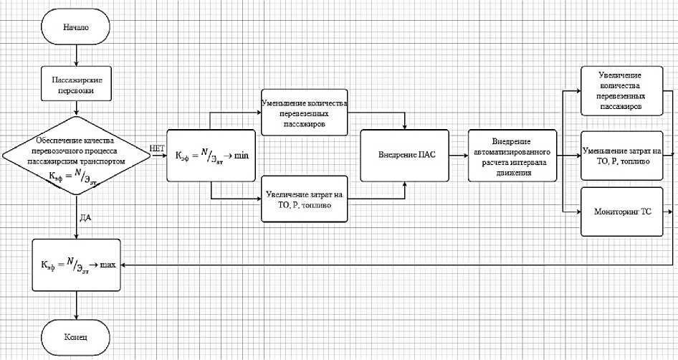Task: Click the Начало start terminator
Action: (x=77, y=29)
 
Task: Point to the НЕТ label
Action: (x=158, y=148)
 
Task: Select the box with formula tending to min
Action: (x=211, y=155)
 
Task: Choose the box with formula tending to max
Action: (x=76, y=264)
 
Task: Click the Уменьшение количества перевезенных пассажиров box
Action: (x=305, y=113)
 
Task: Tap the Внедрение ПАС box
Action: (x=406, y=155)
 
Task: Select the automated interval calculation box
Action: (x=511, y=155)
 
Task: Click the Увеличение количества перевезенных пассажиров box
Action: (x=621, y=91)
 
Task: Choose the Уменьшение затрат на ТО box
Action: (x=621, y=153)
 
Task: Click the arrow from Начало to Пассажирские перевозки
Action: (x=76, y=56)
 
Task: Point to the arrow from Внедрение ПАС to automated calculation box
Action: (x=459, y=155)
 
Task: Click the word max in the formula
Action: (x=108, y=265)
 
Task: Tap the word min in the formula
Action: (x=242, y=155)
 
